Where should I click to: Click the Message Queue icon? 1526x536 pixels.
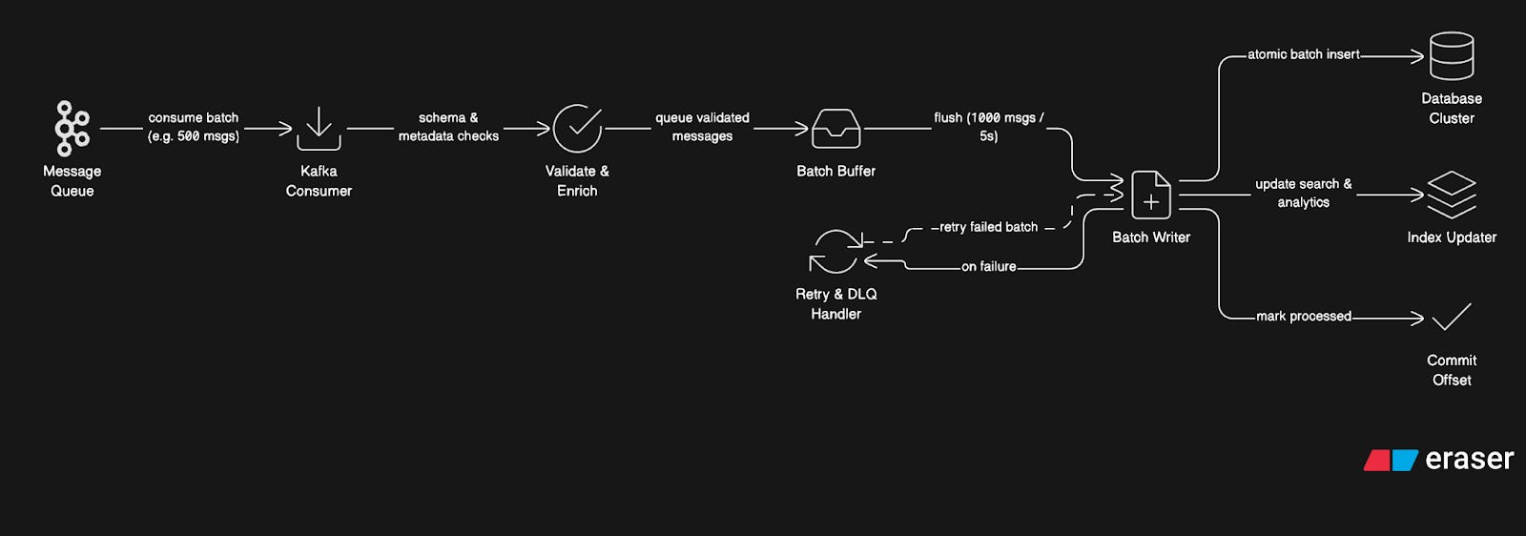click(x=72, y=128)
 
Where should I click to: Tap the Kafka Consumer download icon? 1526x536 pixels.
click(x=319, y=128)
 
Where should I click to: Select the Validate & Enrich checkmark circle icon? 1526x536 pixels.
click(x=577, y=128)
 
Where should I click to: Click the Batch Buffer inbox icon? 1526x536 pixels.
click(x=835, y=129)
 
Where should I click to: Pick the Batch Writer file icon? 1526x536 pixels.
click(x=1151, y=195)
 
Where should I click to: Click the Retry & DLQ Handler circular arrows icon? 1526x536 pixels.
click(x=835, y=252)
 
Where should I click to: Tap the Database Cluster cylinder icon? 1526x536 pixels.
click(x=1451, y=56)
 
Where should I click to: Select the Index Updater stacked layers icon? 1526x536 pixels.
click(x=1451, y=195)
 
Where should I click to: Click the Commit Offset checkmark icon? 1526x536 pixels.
click(x=1451, y=317)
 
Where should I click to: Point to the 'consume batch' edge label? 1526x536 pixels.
click(x=194, y=127)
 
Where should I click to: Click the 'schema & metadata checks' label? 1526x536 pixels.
click(x=448, y=127)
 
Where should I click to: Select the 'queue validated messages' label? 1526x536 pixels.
click(x=702, y=127)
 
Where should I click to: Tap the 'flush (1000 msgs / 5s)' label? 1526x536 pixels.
click(x=988, y=127)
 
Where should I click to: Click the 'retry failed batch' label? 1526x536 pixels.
click(x=988, y=227)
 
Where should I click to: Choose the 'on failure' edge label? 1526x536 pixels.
click(x=988, y=267)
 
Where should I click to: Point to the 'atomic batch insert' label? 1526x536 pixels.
click(x=1303, y=54)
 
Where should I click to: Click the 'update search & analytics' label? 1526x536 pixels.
click(x=1303, y=193)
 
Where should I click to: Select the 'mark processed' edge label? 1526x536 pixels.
click(x=1303, y=316)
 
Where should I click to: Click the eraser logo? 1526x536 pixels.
click(x=1438, y=460)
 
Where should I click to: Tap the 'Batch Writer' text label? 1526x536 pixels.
click(x=1151, y=237)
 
